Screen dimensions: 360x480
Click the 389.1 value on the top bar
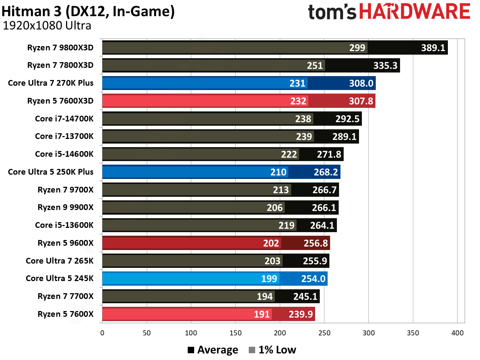(x=433, y=48)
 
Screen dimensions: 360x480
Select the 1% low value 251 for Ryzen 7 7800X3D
(x=315, y=66)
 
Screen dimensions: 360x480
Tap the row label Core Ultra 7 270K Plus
(x=51, y=83)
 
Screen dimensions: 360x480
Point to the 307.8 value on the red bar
(x=361, y=101)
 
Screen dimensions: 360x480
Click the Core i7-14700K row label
(x=64, y=119)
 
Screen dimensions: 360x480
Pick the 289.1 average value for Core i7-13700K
(x=344, y=137)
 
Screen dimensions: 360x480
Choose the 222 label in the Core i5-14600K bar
(x=289, y=154)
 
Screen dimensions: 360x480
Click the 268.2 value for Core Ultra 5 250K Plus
(x=325, y=172)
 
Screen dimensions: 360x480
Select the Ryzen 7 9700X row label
(x=65, y=190)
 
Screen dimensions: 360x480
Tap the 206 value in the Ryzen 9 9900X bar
(x=274, y=208)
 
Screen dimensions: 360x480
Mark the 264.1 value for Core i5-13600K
(x=322, y=226)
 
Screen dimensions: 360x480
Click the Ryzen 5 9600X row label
(x=65, y=243)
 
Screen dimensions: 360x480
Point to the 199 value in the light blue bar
(x=269, y=279)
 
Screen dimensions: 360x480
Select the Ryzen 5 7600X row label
(x=65, y=314)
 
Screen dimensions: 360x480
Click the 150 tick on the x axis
(x=235, y=333)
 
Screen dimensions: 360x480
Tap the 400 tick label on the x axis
(x=457, y=333)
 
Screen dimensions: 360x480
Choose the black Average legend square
(x=191, y=350)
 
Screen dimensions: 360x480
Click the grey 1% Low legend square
(x=252, y=350)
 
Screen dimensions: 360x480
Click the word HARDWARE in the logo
(x=414, y=11)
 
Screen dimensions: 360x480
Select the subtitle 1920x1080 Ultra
(x=47, y=26)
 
